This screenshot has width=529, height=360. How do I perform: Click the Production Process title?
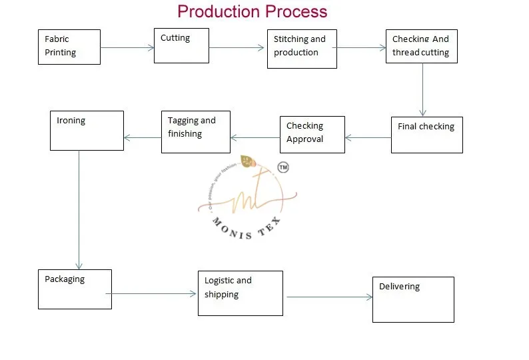coord(252,11)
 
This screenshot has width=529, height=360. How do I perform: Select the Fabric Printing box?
coord(69,47)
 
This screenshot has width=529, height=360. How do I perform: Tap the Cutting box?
coord(181,45)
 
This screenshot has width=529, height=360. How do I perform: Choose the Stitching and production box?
coord(302,49)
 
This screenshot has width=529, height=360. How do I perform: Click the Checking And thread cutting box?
coord(421,46)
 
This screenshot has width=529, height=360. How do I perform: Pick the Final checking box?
coord(426,135)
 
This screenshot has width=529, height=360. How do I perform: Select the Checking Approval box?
coord(312,134)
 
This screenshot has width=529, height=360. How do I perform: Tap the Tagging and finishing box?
coord(195,131)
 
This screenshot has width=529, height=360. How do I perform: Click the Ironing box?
coord(87,130)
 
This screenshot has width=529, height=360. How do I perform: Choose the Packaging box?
coord(75,289)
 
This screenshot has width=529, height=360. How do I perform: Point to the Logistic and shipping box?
coord(240,293)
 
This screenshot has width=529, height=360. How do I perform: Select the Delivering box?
coord(413,299)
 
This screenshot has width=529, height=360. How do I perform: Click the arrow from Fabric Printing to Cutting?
coord(127,47)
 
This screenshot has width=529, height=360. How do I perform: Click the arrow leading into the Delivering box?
coord(329,297)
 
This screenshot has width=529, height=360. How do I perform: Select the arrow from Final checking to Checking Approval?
coord(368,138)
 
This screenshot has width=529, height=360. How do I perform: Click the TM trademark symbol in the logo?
coord(282,167)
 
